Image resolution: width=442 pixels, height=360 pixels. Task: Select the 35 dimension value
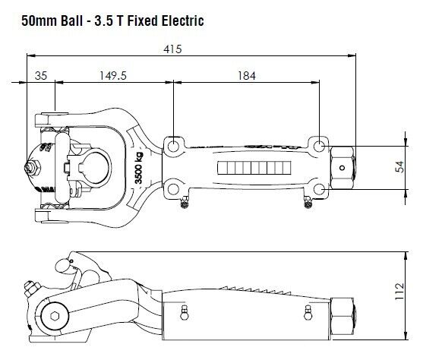[x=40, y=75]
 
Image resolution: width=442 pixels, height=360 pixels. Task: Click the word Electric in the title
[x=180, y=21]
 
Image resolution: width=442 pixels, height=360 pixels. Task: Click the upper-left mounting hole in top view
[x=175, y=144]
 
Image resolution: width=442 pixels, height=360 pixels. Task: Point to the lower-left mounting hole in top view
[x=175, y=188]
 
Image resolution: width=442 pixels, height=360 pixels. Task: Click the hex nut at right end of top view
[x=344, y=166]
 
